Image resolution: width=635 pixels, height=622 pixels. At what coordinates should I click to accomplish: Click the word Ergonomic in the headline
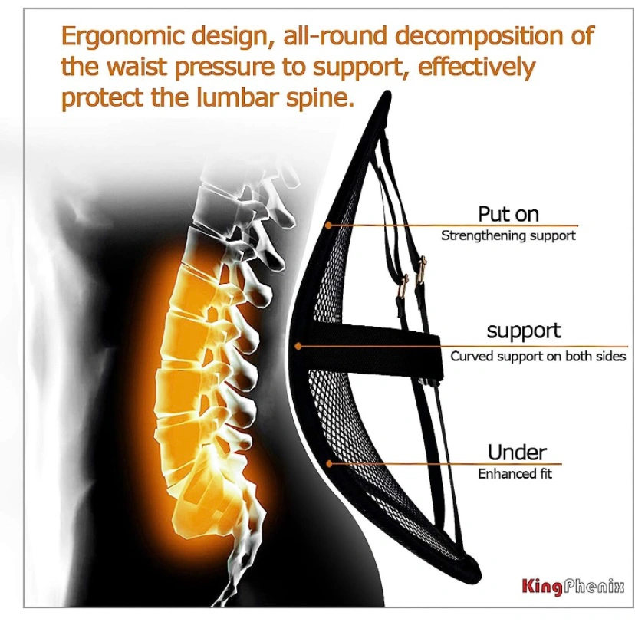click(123, 37)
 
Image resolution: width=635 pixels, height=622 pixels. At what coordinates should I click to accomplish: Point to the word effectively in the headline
click(476, 67)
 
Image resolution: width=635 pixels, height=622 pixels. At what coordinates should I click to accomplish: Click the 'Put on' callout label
click(508, 214)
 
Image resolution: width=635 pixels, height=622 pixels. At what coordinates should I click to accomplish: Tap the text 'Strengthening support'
click(508, 235)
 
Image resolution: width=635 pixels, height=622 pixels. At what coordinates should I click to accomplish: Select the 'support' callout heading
click(524, 331)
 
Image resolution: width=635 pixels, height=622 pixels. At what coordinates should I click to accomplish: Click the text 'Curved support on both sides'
click(538, 357)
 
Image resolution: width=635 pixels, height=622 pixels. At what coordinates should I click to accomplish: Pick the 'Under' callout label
click(517, 453)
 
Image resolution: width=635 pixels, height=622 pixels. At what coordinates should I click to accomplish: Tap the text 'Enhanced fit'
click(515, 474)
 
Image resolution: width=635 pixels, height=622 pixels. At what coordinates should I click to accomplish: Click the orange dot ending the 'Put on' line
click(329, 225)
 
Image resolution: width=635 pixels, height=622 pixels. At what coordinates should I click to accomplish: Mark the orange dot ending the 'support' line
click(298, 346)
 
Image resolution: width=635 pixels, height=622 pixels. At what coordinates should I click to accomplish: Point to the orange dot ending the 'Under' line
click(329, 463)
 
